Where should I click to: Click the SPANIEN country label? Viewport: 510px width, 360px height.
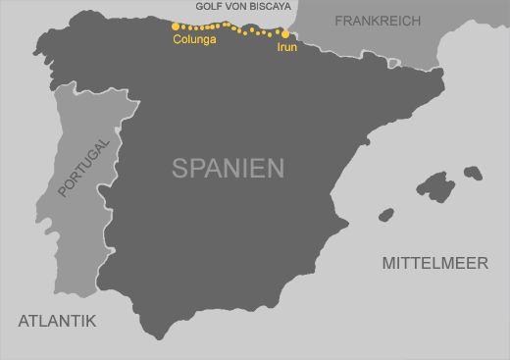(x=228, y=168)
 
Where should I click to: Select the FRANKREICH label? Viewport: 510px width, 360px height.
(x=378, y=21)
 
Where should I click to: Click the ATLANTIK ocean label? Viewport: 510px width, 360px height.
(x=57, y=321)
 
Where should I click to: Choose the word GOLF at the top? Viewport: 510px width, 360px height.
(x=210, y=6)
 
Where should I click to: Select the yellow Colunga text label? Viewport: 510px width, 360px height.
(x=194, y=40)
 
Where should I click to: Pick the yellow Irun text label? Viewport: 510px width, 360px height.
(x=286, y=46)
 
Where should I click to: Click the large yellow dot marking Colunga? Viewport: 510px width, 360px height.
(x=176, y=26)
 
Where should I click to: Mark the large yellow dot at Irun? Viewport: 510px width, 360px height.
(x=285, y=33)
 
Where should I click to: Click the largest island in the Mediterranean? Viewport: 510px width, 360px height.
(x=436, y=186)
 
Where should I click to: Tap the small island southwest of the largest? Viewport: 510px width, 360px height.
(x=385, y=214)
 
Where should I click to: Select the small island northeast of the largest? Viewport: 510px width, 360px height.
(x=473, y=173)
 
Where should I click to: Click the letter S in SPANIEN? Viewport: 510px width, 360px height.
(x=179, y=168)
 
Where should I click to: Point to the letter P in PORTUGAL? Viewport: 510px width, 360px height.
(x=64, y=190)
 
